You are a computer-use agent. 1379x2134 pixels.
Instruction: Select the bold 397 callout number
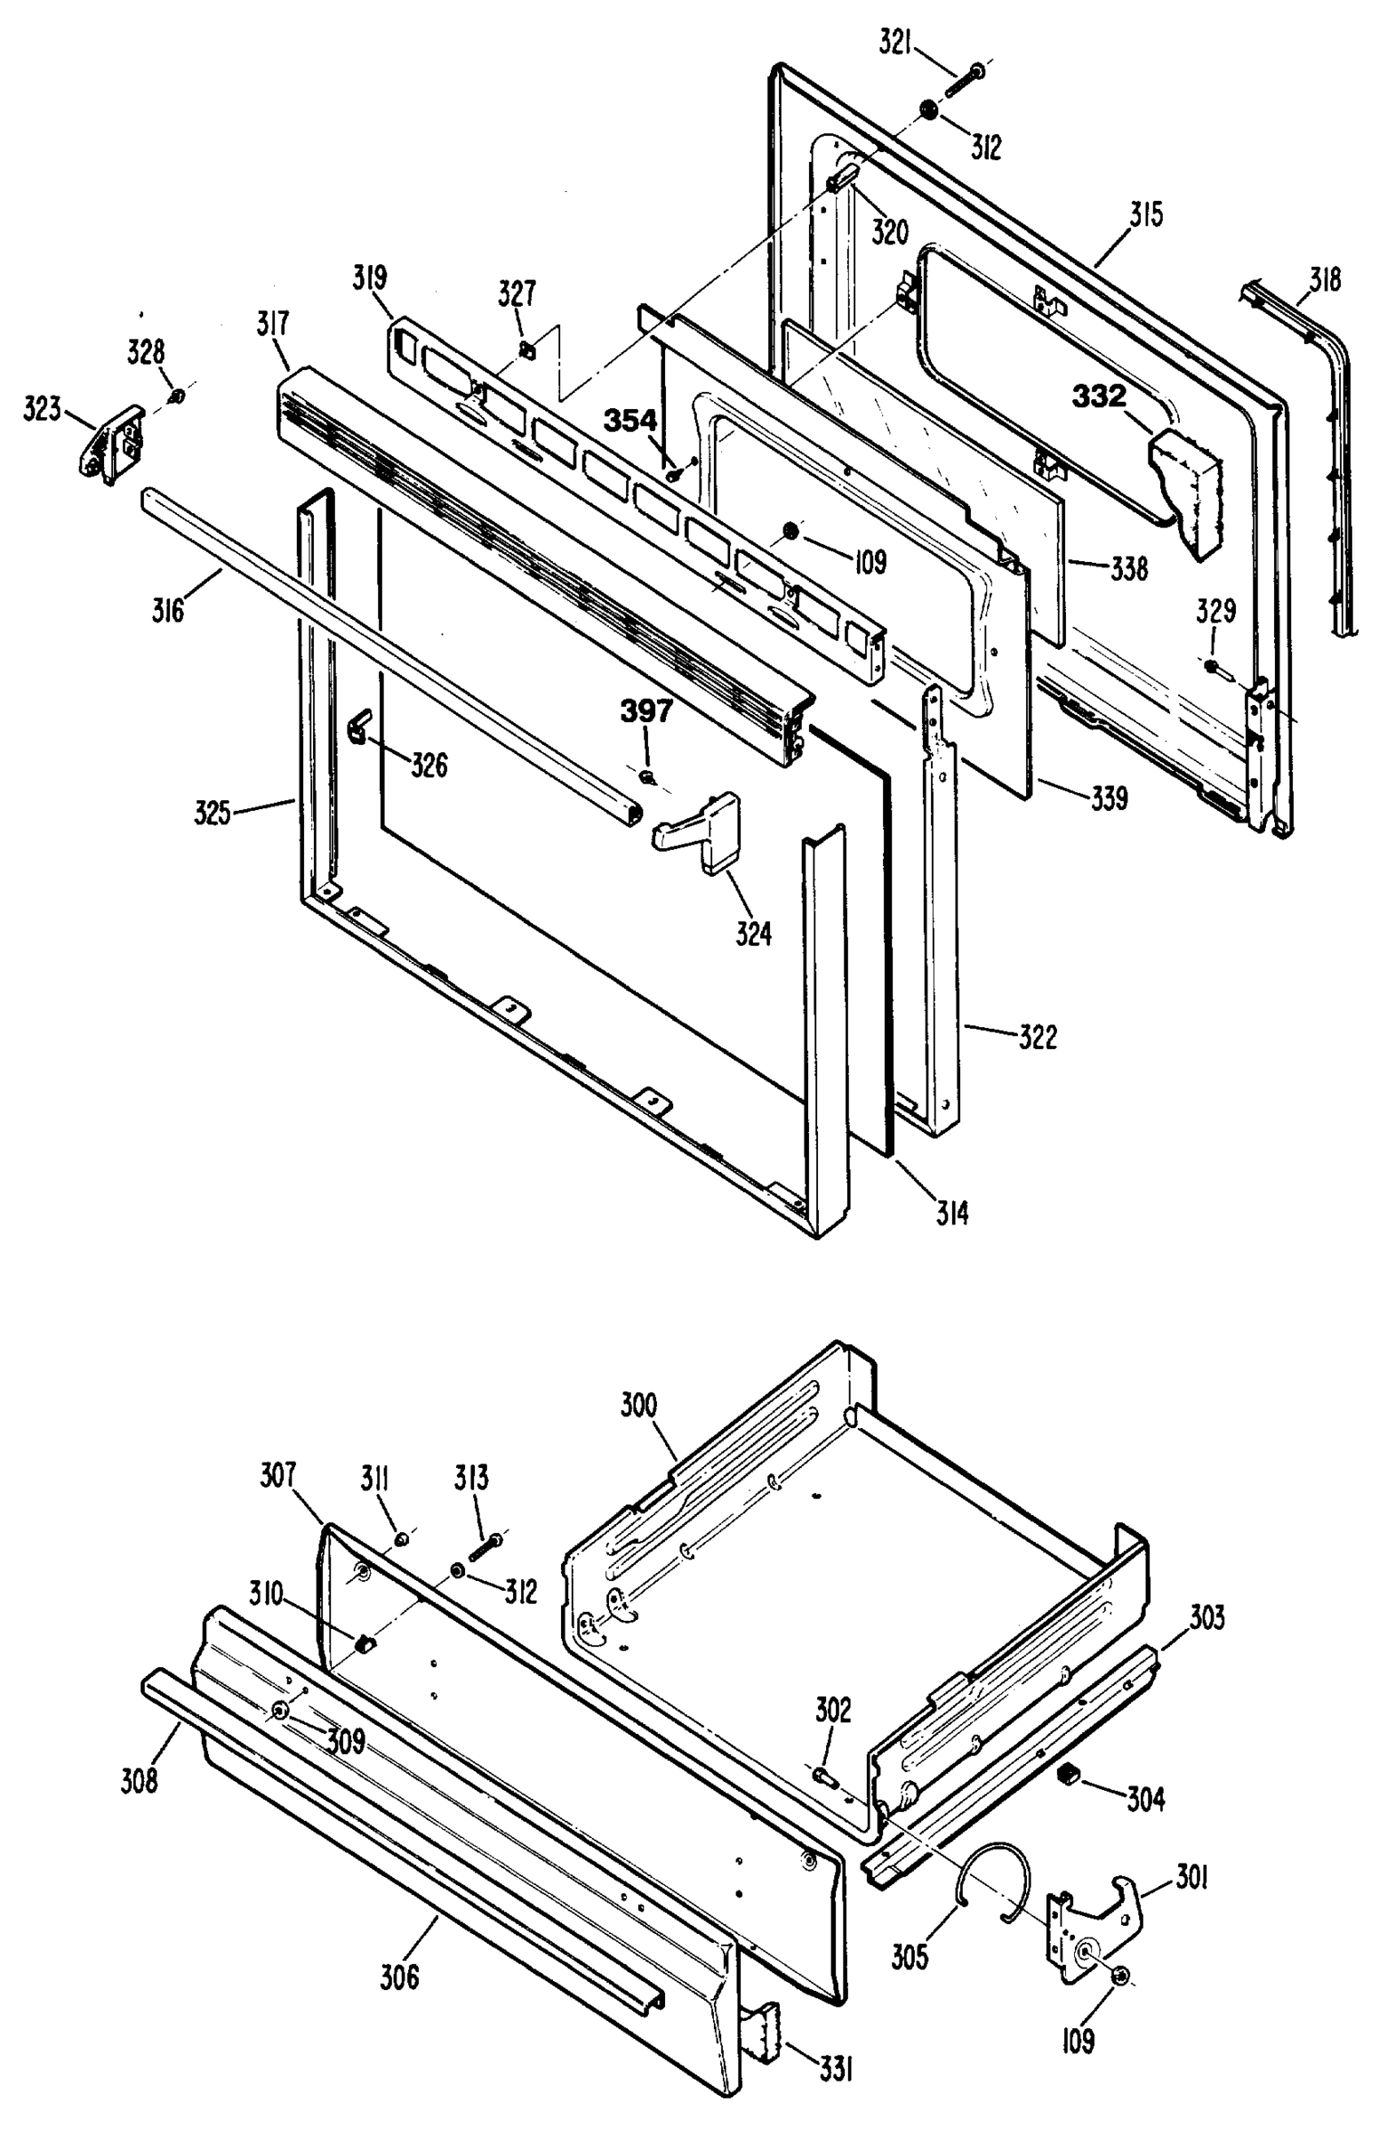(x=646, y=711)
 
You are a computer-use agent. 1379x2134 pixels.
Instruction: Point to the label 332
(x=1100, y=397)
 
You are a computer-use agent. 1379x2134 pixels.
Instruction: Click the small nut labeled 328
(x=177, y=395)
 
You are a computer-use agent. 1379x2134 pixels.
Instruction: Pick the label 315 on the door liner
(x=1145, y=216)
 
